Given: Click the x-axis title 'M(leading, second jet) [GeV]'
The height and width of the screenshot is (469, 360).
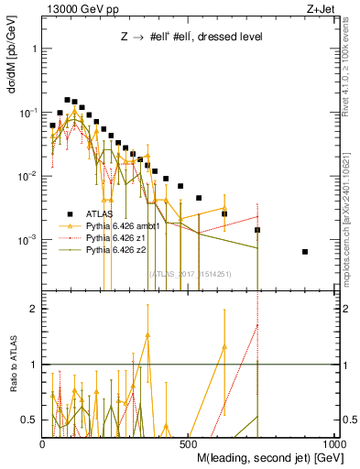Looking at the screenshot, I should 263,457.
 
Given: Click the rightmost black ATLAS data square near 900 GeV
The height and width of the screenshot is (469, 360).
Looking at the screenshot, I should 305,252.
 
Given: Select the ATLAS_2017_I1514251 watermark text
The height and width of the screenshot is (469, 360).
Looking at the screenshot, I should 191,273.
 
